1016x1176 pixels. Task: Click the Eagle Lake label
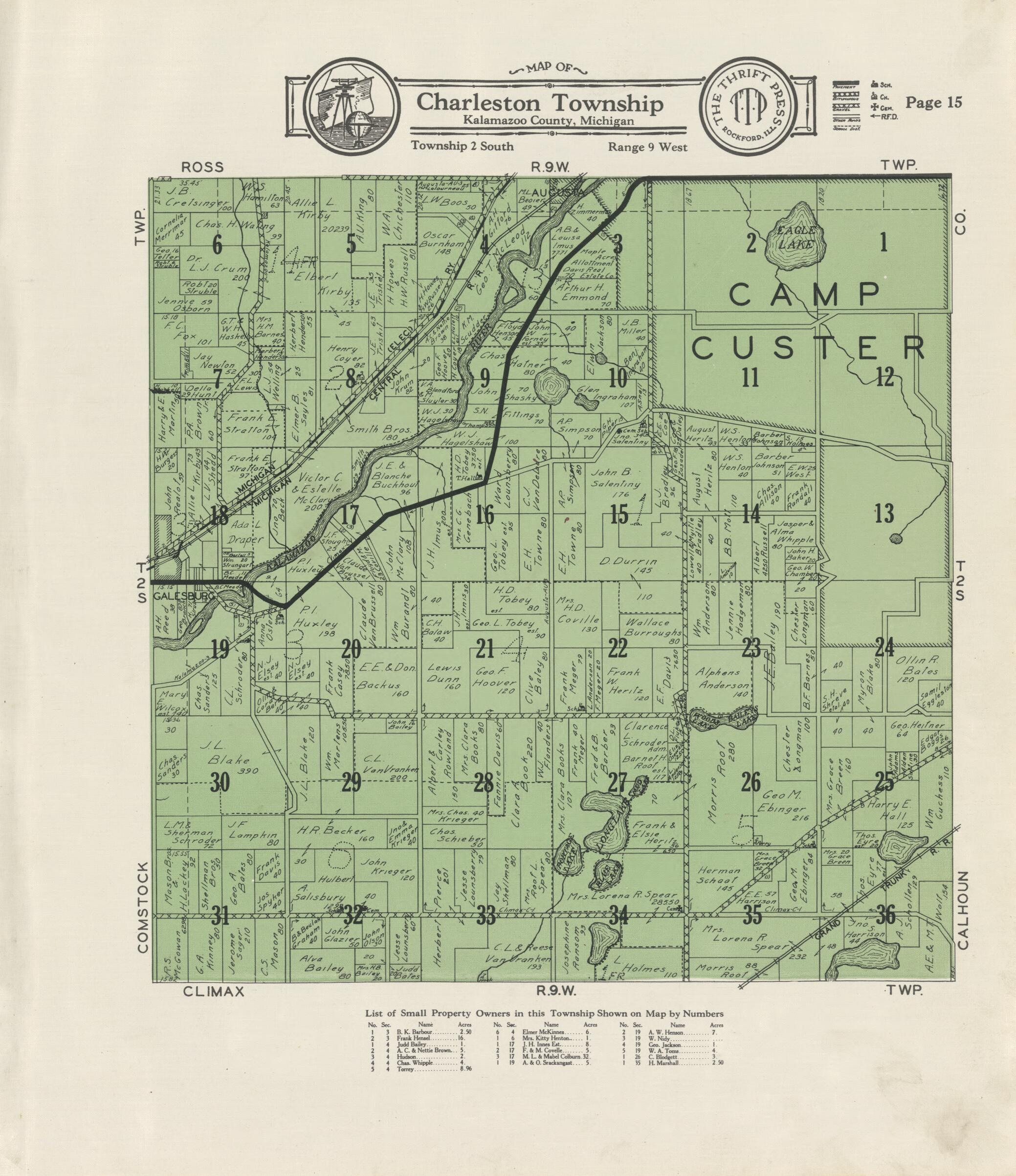coord(797,238)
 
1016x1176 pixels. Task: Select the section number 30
coord(220,783)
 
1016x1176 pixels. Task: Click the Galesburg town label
coord(183,597)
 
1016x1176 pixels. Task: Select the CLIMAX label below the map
coord(213,992)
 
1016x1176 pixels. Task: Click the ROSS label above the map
coord(202,167)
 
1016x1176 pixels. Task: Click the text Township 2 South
coord(462,146)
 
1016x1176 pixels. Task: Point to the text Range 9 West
coord(648,147)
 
